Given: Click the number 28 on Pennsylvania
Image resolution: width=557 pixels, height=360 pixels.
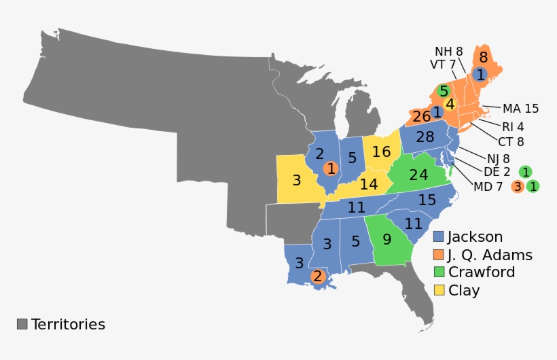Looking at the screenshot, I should click(425, 137).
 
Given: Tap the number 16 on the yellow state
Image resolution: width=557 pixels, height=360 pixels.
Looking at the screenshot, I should click(382, 152).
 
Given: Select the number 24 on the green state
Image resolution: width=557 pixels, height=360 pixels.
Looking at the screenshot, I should click(418, 175).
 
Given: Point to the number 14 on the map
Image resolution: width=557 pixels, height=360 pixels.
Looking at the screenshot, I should click(369, 184).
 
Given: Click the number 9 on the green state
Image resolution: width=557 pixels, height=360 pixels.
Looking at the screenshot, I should click(387, 239).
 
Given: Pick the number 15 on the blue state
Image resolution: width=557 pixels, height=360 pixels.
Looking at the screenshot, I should click(427, 200).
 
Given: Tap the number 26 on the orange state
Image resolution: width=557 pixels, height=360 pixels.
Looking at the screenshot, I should click(421, 116).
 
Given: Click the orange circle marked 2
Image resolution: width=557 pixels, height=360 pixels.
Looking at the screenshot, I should click(317, 276).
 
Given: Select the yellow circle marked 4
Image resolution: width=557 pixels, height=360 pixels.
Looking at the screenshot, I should click(450, 104).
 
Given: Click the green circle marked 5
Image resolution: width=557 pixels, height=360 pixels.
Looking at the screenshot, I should click(444, 90).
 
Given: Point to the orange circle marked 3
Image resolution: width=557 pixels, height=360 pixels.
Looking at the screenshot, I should click(518, 185).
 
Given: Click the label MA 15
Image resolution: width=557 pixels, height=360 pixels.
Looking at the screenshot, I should click(521, 109).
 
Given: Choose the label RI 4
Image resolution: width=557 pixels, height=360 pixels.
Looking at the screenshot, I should click(513, 126).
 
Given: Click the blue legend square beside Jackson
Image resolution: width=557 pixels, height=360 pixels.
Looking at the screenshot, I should click(439, 237).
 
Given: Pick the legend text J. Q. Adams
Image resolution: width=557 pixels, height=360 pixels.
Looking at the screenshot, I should click(489, 255).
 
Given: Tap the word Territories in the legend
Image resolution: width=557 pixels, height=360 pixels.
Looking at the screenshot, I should click(68, 324).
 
